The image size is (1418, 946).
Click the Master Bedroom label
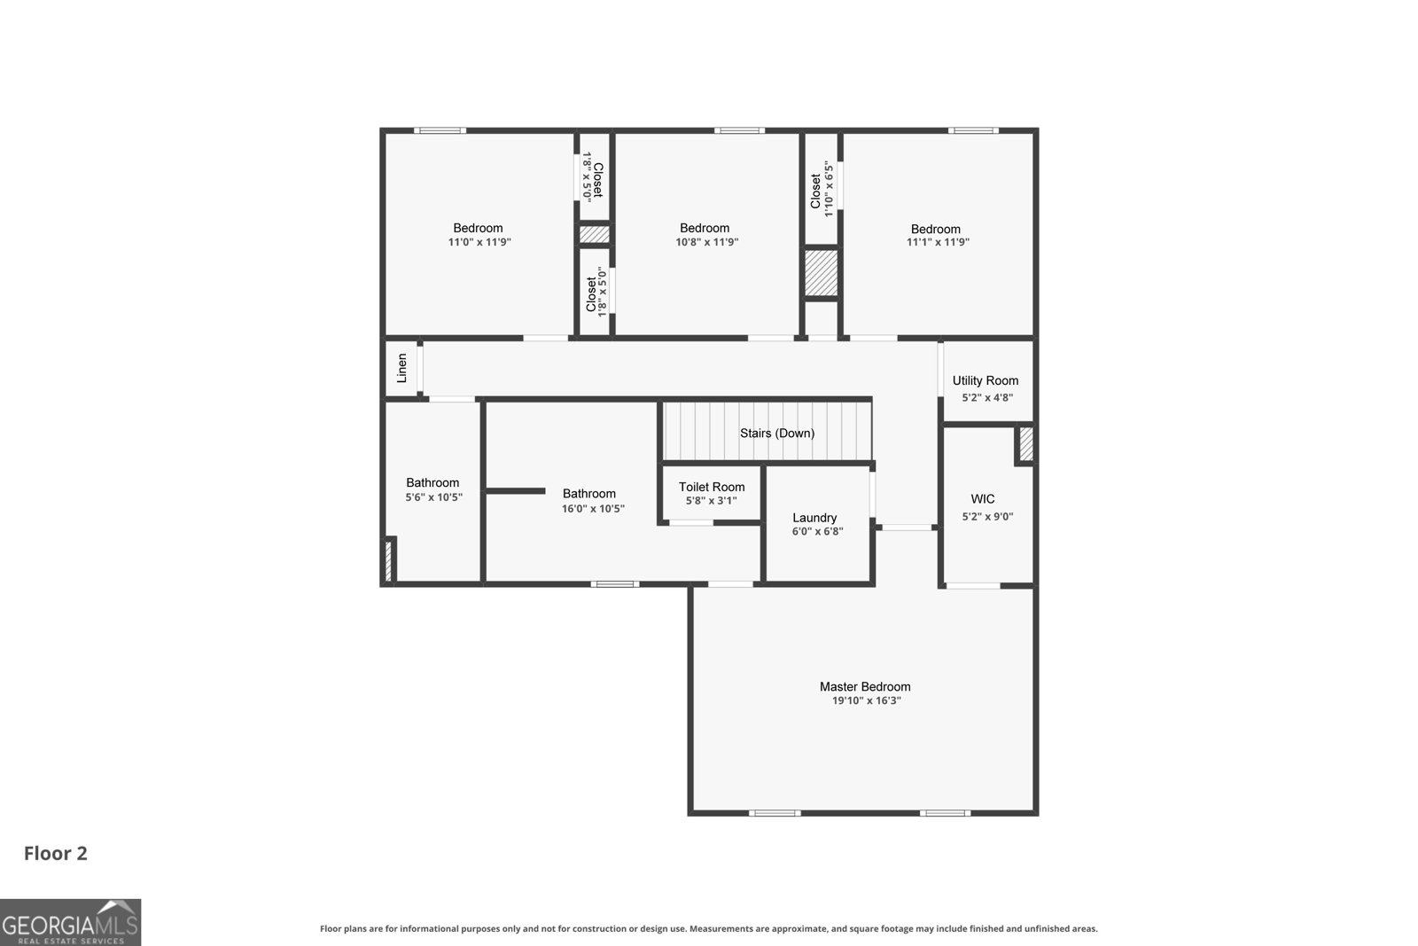tap(865, 686)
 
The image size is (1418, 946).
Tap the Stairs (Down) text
tap(777, 434)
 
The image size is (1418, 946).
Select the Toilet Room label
tap(712, 487)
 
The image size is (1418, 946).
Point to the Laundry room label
tap(814, 518)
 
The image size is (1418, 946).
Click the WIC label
tap(983, 499)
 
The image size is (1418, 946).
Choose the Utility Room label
tap(986, 380)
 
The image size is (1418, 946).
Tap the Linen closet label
tap(402, 369)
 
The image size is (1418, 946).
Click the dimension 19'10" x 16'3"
tap(866, 701)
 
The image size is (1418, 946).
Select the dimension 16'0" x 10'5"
tap(593, 508)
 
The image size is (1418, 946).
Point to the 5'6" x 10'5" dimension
tap(433, 497)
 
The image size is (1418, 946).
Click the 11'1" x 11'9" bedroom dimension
tap(938, 242)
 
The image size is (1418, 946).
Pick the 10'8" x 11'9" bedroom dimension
tap(706, 242)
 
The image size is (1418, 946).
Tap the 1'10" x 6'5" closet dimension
tap(829, 189)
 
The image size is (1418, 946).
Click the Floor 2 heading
tap(56, 854)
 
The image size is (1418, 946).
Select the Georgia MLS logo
tap(70, 923)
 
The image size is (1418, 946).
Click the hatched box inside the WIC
tap(1026, 444)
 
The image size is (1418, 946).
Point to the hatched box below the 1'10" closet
tap(821, 273)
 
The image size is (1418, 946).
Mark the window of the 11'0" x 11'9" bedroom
tap(440, 130)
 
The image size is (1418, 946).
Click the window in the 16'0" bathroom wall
tap(615, 583)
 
